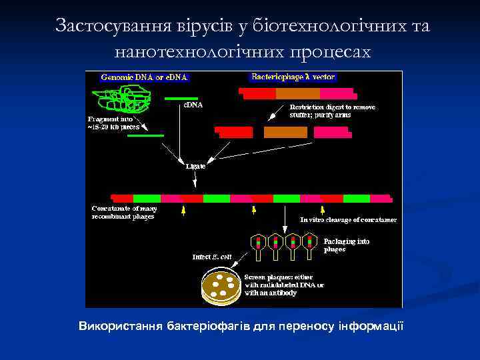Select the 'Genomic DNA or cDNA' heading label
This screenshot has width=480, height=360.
point(145,77)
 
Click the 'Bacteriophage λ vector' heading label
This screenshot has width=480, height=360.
point(293,77)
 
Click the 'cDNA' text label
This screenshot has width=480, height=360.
point(193,105)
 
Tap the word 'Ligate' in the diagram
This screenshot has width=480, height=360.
point(195,167)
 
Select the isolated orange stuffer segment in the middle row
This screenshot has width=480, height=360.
point(285,132)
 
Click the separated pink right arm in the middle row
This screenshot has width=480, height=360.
point(331,132)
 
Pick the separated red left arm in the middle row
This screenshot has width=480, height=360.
point(234,132)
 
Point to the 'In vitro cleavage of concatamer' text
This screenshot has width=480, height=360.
point(348,219)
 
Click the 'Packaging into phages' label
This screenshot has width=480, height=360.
point(346,245)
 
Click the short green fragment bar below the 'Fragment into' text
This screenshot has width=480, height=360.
point(145,135)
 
